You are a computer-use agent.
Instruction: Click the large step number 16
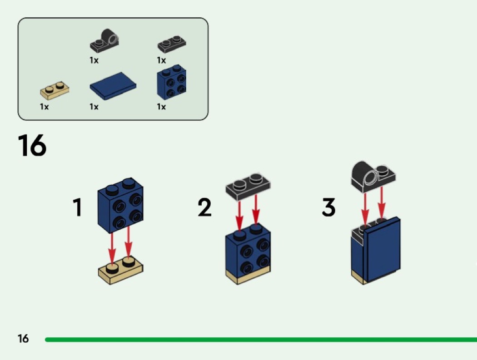[32, 145]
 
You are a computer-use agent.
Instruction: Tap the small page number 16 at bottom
[23, 339]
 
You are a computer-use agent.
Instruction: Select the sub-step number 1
[78, 207]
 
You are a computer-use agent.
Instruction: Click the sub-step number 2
[205, 207]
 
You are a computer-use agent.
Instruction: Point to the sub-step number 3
[328, 207]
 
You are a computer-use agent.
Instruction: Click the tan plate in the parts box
[55, 90]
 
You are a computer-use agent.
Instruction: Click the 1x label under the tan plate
[44, 107]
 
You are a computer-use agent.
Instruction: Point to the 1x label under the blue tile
[94, 107]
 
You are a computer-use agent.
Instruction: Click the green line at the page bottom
[259, 339]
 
